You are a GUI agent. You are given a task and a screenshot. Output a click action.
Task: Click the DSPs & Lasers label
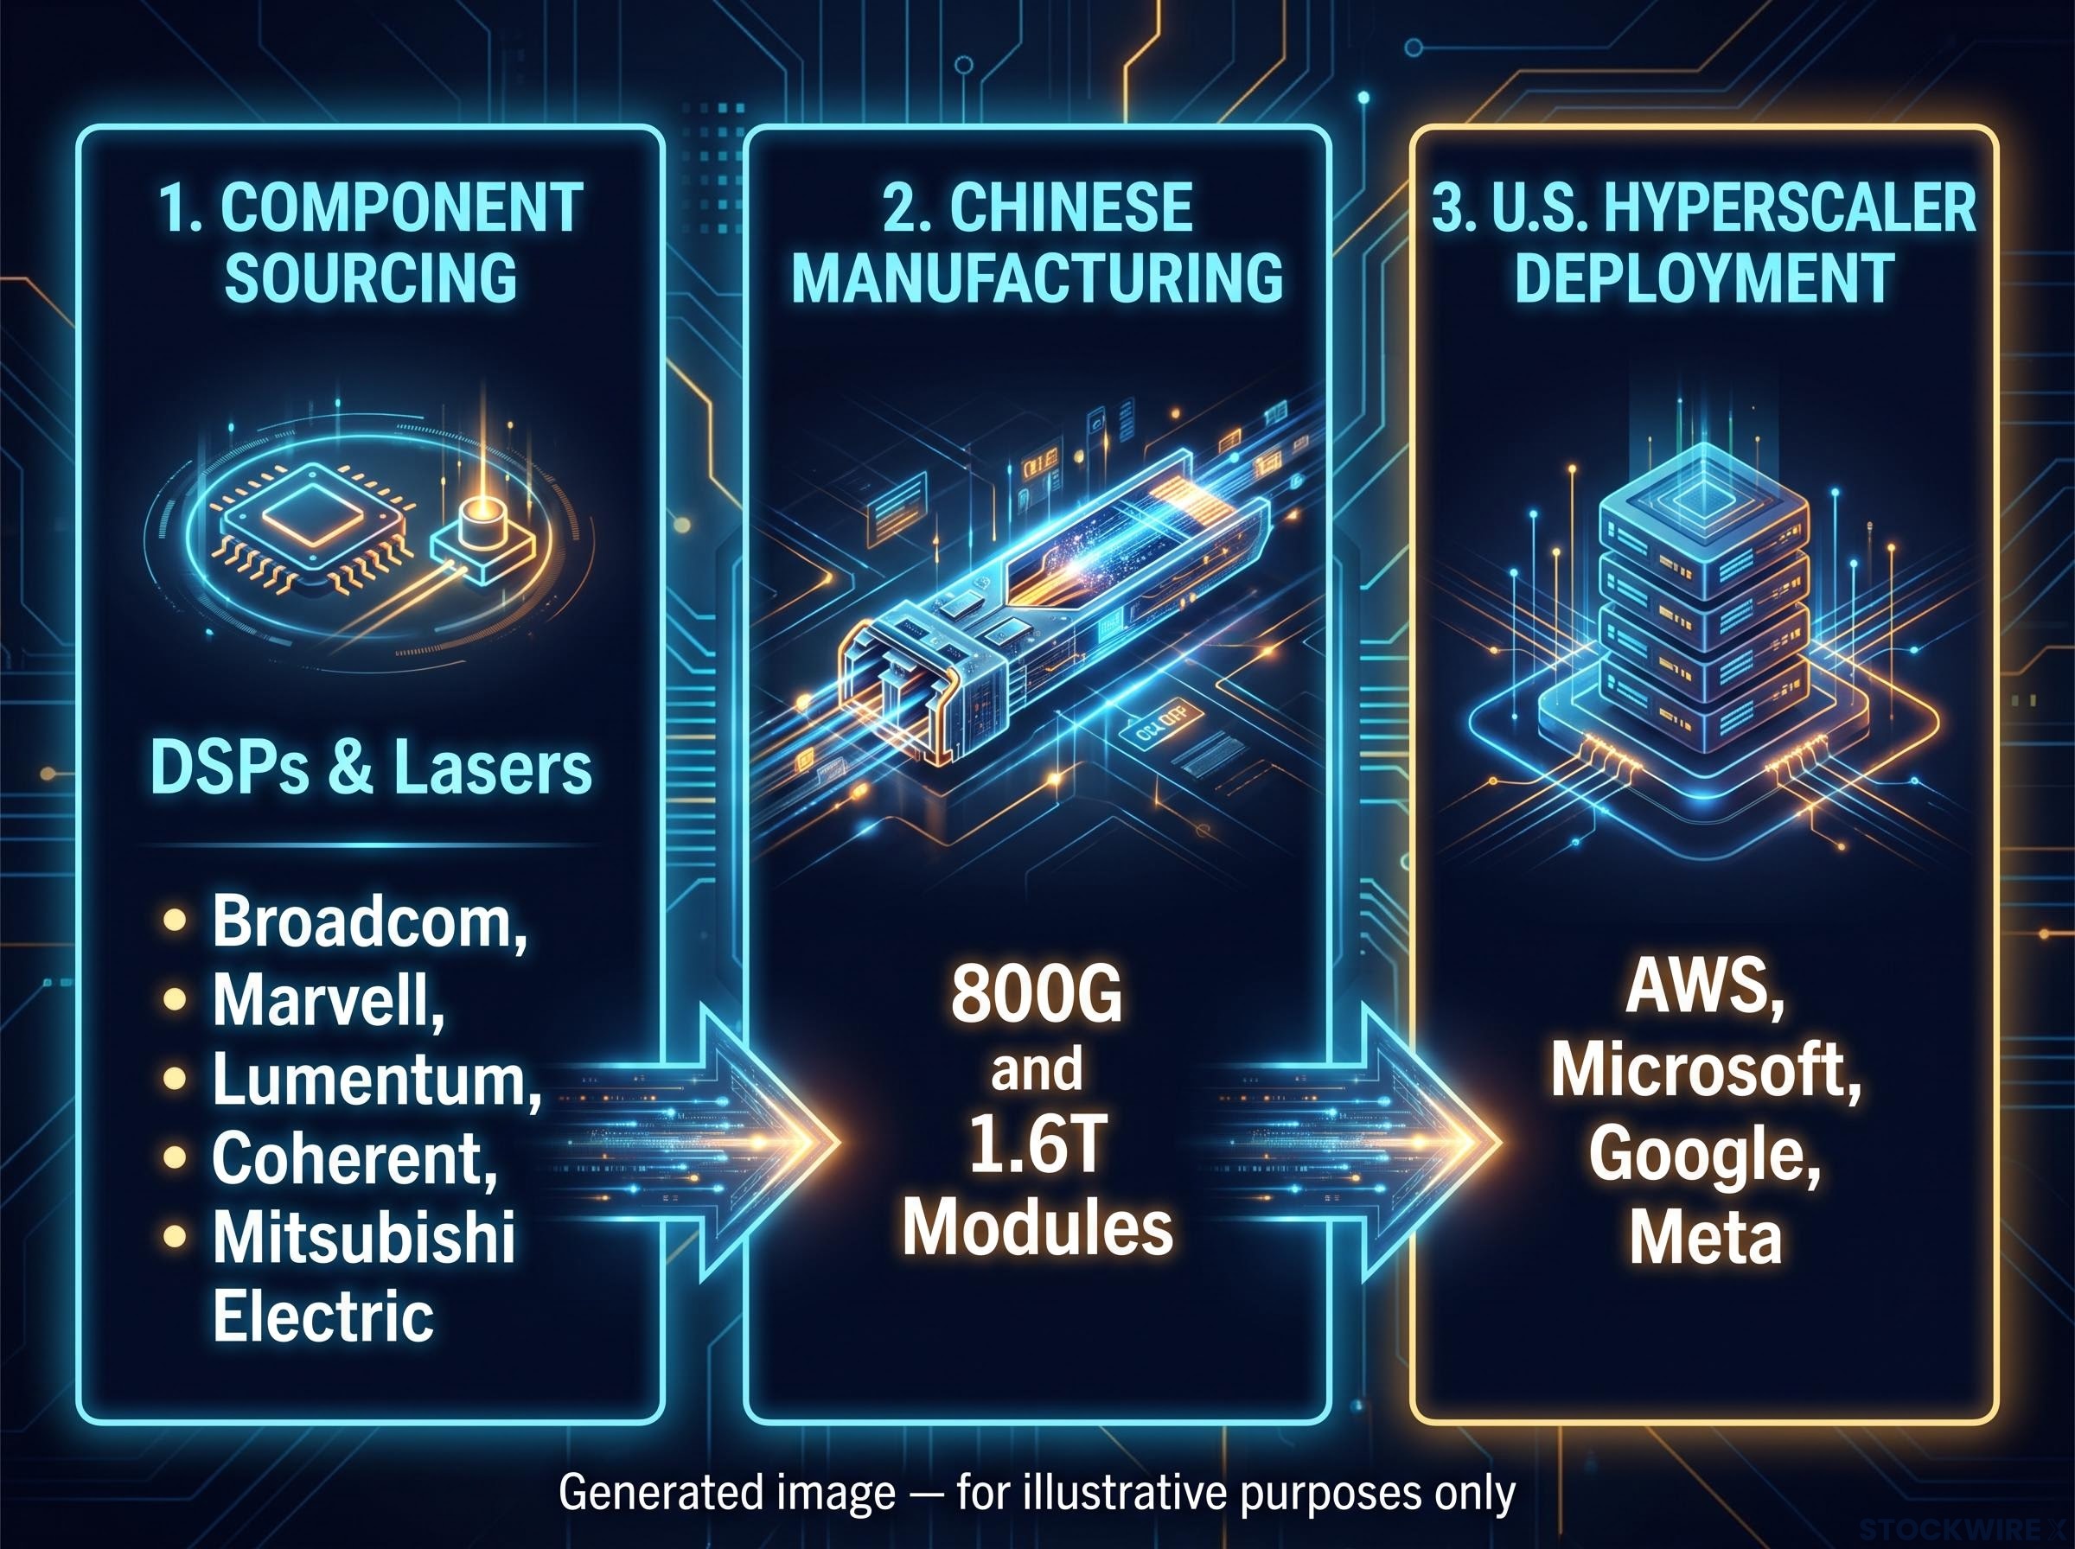pyautogui.click(x=371, y=768)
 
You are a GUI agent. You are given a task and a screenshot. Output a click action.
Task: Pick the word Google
pyautogui.click(x=1705, y=1152)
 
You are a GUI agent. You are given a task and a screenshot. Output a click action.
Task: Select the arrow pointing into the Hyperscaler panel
pyautogui.click(x=1360, y=1142)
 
